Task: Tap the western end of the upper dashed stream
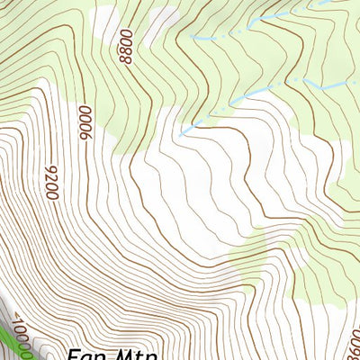(192, 38)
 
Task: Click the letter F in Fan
(75, 354)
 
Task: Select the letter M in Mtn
(124, 354)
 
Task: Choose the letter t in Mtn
(139, 354)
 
